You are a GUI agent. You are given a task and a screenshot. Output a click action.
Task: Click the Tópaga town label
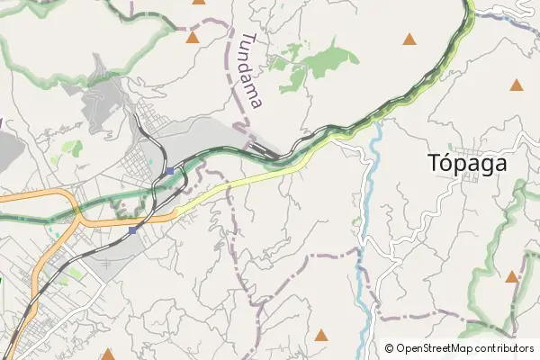468,164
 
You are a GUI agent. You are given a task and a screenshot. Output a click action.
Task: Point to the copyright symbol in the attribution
389,348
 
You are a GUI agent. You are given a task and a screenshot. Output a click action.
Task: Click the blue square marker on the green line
169,170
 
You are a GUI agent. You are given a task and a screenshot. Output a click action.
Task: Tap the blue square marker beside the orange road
133,230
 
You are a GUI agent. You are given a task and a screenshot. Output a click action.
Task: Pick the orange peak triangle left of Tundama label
192,38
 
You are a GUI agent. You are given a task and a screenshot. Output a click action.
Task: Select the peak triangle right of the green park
409,39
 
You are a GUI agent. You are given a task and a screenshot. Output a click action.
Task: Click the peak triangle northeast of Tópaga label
516,85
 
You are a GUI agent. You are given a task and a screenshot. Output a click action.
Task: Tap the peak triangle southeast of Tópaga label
511,277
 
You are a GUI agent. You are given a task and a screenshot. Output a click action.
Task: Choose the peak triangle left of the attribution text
321,336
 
